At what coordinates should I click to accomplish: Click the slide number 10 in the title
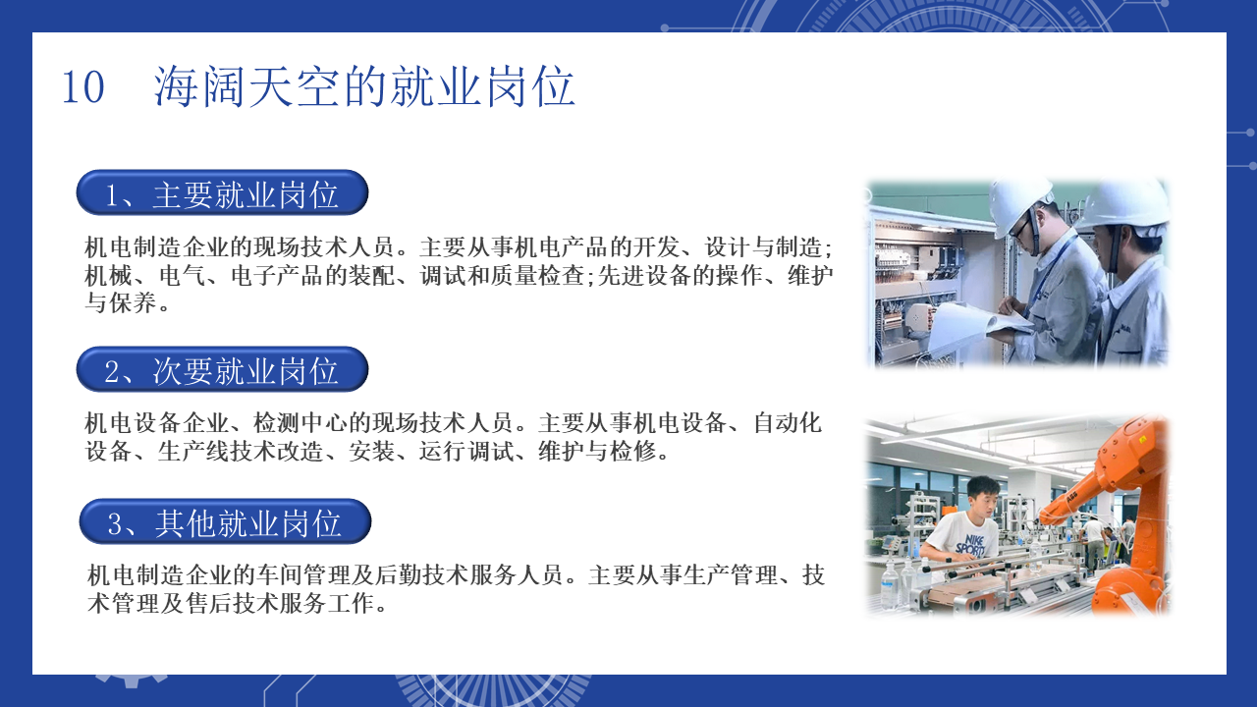click(83, 87)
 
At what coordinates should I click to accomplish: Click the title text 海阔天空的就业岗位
click(364, 86)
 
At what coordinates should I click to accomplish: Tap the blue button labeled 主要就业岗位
click(222, 193)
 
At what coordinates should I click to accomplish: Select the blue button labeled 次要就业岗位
click(222, 369)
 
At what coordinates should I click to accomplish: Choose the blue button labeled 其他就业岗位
click(225, 521)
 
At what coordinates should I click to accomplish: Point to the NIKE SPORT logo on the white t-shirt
click(969, 545)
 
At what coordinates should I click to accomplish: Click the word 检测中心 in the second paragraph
click(301, 423)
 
